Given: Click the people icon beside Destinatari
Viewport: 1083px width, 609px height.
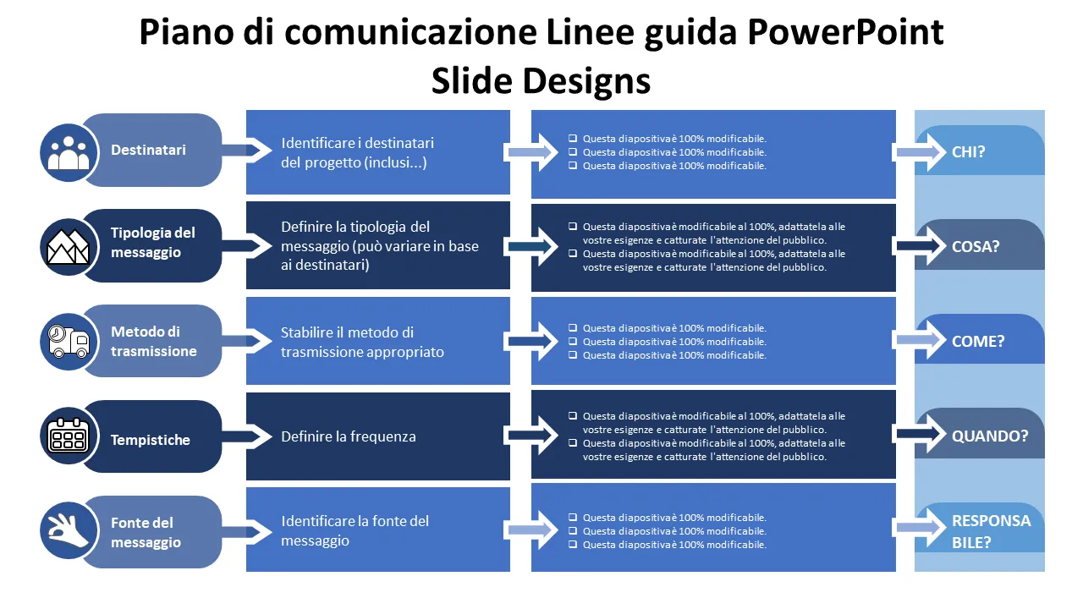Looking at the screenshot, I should point(69,151).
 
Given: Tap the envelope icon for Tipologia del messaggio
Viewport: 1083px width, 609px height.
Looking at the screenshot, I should point(69,246).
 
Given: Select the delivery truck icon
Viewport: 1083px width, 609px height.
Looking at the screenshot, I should point(69,341).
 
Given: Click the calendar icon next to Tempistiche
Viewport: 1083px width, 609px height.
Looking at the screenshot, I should point(69,436).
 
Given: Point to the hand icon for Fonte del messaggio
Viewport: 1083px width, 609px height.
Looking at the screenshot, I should point(69,530).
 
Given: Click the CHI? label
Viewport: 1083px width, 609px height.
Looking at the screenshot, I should point(969,152).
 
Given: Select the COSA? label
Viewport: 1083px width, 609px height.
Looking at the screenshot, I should point(976,247).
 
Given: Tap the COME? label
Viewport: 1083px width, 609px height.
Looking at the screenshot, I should point(978,342).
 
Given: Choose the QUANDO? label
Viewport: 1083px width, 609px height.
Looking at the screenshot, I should point(990,436).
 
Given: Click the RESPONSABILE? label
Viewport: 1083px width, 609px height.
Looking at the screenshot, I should point(991,531).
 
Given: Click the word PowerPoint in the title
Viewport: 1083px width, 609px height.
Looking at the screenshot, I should point(846,32).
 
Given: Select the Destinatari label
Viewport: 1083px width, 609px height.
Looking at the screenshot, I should point(148,151).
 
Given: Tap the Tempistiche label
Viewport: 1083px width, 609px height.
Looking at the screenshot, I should point(150,440).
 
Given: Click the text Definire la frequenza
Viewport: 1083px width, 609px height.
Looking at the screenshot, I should point(349,436).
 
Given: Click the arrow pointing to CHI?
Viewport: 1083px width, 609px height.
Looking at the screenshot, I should point(919,152).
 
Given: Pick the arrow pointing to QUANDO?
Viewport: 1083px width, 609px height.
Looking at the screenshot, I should point(919,434).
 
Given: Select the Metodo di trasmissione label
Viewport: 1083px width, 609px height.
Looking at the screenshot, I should point(153,342).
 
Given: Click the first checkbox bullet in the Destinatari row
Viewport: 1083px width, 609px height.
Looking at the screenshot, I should point(573,139).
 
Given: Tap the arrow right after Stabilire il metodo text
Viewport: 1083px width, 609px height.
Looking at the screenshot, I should point(531,341).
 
